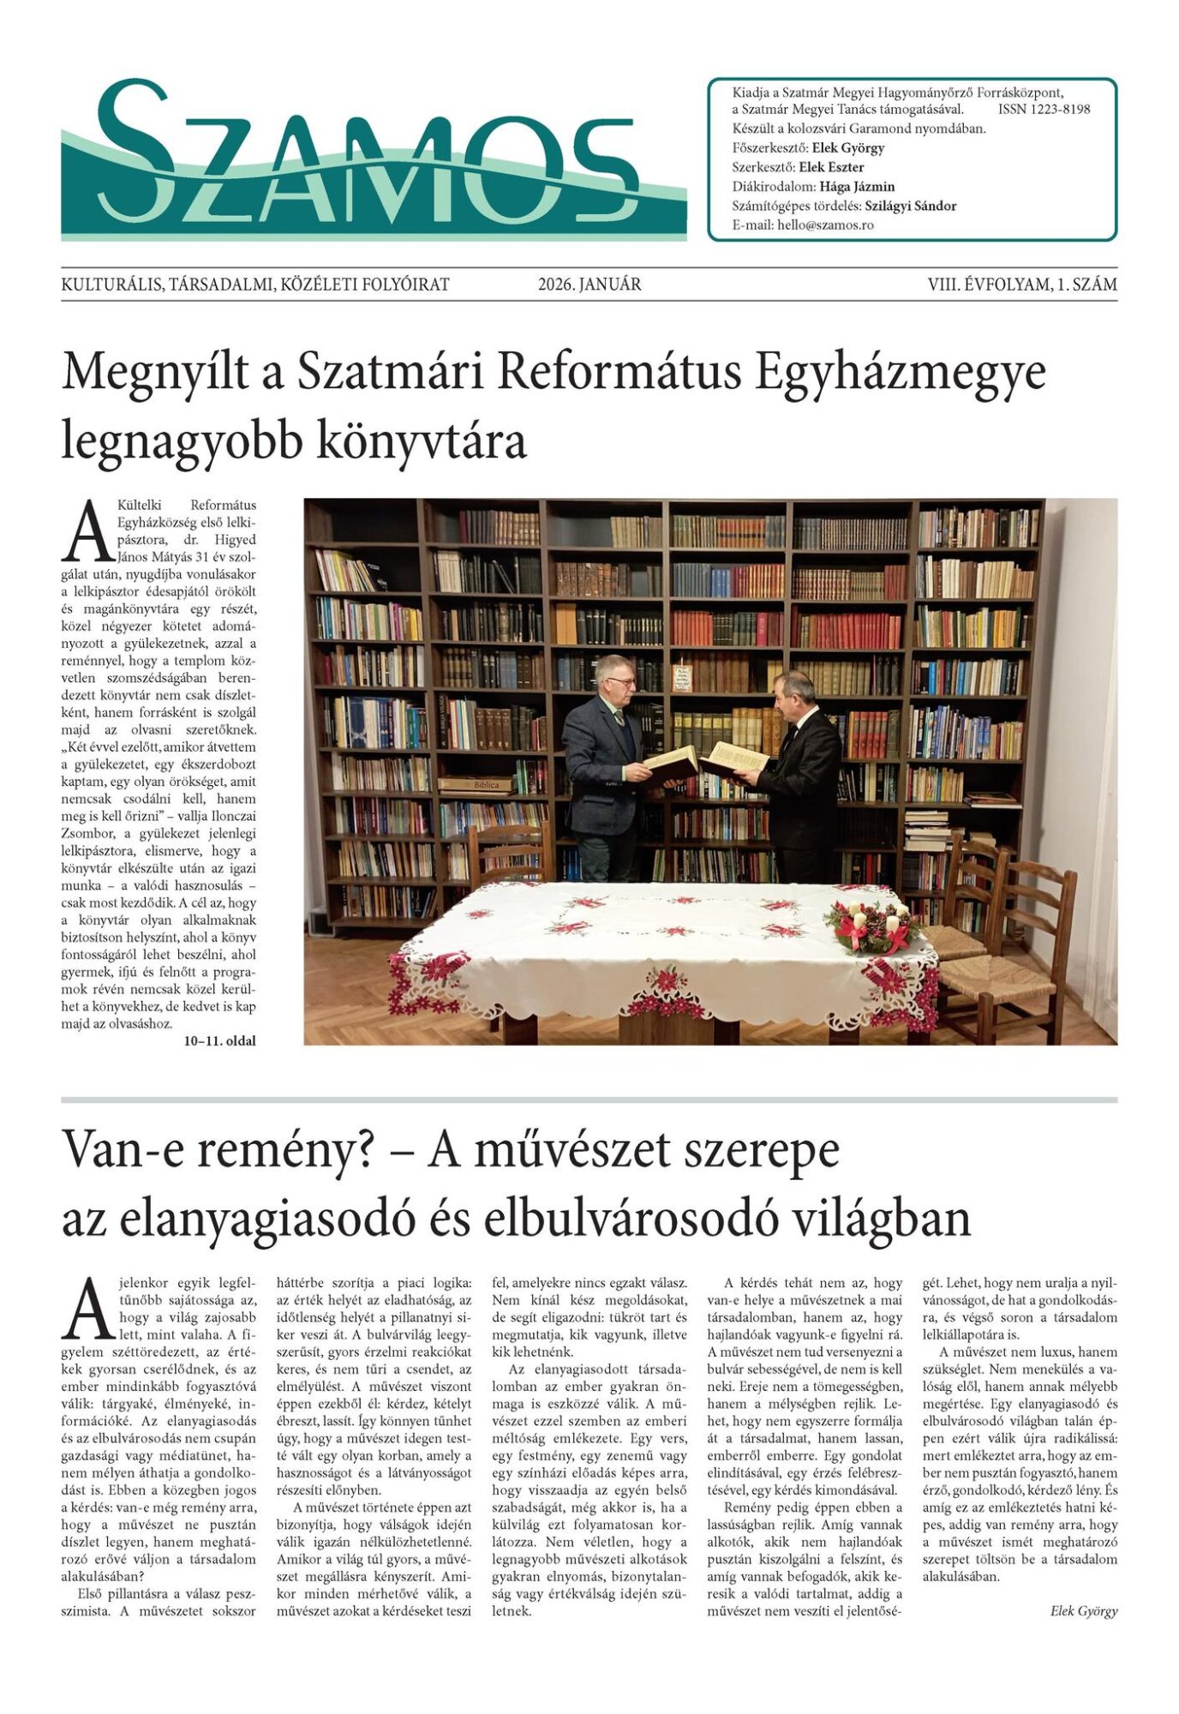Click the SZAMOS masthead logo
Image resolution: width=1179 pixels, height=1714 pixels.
tap(373, 159)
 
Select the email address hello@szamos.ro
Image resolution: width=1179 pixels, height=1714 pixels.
tap(825, 225)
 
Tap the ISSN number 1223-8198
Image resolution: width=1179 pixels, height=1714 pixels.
tap(1044, 109)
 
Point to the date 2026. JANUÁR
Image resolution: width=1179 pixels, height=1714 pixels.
tap(589, 285)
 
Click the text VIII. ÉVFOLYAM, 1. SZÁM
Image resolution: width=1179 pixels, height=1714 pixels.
tap(1021, 285)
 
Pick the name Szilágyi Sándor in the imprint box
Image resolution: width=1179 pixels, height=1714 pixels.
tap(910, 206)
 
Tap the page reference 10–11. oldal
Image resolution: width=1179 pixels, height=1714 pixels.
tap(219, 1041)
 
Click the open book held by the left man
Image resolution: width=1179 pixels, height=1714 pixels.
tap(670, 761)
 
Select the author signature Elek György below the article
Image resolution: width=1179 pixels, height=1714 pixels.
tap(1083, 1610)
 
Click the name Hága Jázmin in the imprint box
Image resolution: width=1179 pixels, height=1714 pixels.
tap(857, 186)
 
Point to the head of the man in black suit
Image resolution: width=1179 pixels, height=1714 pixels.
tap(795, 690)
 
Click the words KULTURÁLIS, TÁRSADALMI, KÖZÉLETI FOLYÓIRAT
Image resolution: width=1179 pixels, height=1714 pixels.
tap(255, 285)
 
